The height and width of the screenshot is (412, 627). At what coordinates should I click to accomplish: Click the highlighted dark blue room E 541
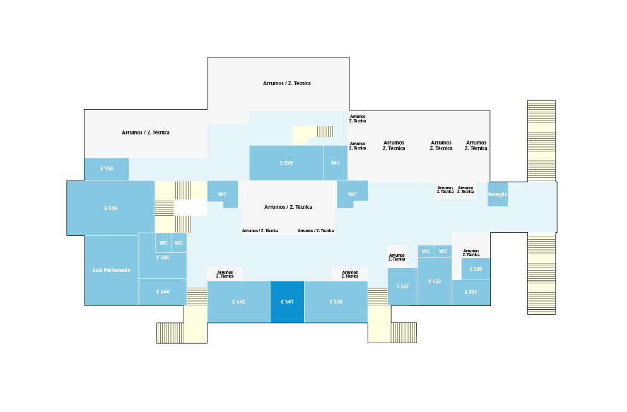click(x=287, y=302)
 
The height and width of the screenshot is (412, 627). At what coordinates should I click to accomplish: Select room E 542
click(x=238, y=302)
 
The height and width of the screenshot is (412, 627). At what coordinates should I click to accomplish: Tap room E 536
click(x=336, y=302)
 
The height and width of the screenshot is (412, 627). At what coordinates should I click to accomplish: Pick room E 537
click(x=402, y=286)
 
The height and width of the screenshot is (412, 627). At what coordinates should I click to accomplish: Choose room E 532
click(x=435, y=281)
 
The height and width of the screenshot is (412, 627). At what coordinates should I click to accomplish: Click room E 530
click(x=476, y=269)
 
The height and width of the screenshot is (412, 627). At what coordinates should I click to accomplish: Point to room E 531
click(x=471, y=292)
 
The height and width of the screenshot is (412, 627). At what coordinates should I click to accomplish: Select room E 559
click(x=286, y=163)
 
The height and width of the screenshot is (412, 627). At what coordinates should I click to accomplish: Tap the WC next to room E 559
click(x=335, y=163)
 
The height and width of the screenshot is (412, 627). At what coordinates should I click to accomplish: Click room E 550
click(x=107, y=169)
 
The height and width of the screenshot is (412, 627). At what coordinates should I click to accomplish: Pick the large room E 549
click(x=110, y=208)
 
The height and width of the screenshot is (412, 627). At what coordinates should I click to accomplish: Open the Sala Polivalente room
click(x=112, y=270)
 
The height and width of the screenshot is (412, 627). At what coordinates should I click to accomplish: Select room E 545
click(x=163, y=258)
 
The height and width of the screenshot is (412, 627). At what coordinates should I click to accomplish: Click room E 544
click(x=163, y=291)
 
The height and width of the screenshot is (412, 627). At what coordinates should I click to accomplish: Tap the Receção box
click(x=497, y=194)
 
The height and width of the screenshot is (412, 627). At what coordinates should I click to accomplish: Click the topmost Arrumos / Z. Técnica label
click(x=287, y=83)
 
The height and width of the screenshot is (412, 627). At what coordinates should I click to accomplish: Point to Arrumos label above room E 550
click(x=146, y=132)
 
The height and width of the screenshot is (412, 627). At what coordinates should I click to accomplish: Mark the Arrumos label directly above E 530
click(x=471, y=253)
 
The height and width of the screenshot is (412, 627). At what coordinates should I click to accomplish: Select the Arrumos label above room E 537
click(x=397, y=257)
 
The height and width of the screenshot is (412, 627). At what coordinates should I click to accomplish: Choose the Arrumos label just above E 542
click(x=225, y=274)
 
